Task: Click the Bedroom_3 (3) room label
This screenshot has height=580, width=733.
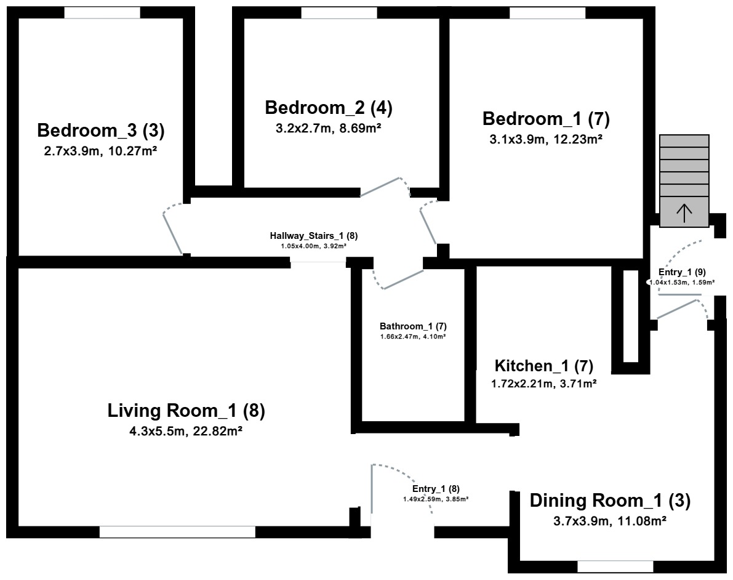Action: pyautogui.click(x=101, y=131)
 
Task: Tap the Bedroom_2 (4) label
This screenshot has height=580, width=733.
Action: pyautogui.click(x=329, y=108)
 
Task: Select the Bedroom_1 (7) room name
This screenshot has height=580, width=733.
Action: pyautogui.click(x=546, y=119)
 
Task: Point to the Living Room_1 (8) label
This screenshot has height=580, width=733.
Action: pyautogui.click(x=186, y=411)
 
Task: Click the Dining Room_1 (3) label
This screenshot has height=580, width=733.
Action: pyautogui.click(x=610, y=501)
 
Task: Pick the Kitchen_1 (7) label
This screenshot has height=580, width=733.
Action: pyautogui.click(x=544, y=366)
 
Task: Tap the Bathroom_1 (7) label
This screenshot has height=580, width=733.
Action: pyautogui.click(x=413, y=326)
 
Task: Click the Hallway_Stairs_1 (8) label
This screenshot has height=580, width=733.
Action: pyautogui.click(x=314, y=236)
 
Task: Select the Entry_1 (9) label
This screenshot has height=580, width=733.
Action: pyautogui.click(x=682, y=272)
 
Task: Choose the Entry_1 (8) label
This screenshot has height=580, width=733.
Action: pyautogui.click(x=436, y=489)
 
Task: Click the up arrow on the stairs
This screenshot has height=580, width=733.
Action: pyautogui.click(x=684, y=213)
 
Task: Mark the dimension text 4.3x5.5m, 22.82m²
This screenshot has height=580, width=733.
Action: pyautogui.click(x=186, y=431)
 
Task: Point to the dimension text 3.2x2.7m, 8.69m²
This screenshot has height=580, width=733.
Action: pyautogui.click(x=328, y=128)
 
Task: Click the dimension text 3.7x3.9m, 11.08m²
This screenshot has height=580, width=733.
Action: pyautogui.click(x=609, y=521)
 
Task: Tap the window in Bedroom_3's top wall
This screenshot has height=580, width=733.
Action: pyautogui.click(x=102, y=13)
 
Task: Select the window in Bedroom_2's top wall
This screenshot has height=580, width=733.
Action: pyautogui.click(x=339, y=13)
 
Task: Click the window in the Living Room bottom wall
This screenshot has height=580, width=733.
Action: pyautogui.click(x=177, y=532)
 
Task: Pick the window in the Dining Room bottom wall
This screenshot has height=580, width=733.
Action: pyautogui.click(x=615, y=566)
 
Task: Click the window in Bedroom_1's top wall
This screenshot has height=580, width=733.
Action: pyautogui.click(x=547, y=13)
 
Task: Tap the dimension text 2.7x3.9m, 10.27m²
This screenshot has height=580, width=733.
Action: pyautogui.click(x=100, y=151)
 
